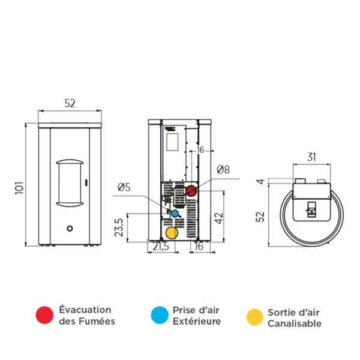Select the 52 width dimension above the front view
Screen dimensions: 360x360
pos(70,103)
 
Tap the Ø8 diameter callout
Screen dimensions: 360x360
pos(223,170)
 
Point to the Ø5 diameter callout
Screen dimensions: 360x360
pos(124,187)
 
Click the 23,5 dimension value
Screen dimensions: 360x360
pos(119,227)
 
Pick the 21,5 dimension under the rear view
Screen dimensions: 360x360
pos(160,247)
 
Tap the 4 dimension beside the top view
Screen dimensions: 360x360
pos(260,182)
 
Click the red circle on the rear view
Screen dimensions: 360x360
pos(191,191)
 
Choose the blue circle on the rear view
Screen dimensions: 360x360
pos(175,213)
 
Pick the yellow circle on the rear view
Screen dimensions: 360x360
pos(172,233)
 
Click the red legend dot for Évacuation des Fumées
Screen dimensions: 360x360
pos(44,315)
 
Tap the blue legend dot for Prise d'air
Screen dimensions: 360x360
pos(159,315)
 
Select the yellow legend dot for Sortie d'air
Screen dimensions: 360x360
pos(255,317)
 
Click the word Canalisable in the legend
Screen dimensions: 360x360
pos(294,324)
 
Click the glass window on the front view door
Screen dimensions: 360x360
pos(71,182)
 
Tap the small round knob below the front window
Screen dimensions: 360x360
pos(71,228)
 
